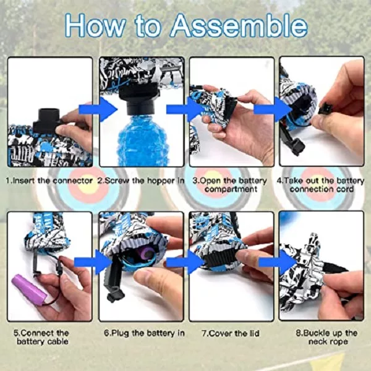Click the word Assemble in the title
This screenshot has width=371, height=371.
(239, 26)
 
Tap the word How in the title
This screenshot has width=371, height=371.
(95, 25)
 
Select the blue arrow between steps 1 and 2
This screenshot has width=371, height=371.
(98, 109)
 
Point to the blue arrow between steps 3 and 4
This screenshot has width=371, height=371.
(273, 109)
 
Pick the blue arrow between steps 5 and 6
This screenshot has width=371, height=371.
(93, 262)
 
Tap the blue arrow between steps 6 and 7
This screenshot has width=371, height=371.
(185, 262)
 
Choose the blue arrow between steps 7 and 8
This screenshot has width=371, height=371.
(277, 262)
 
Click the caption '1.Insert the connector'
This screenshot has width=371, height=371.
(49, 181)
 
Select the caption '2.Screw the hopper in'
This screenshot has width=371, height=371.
(141, 181)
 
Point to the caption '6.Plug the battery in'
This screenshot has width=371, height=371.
(144, 333)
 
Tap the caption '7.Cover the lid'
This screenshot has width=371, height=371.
(231, 333)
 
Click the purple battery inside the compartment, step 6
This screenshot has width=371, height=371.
(147, 252)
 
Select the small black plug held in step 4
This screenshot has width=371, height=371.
(326, 108)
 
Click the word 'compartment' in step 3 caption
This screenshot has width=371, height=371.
(231, 189)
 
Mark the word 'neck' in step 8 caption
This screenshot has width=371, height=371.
(317, 342)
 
